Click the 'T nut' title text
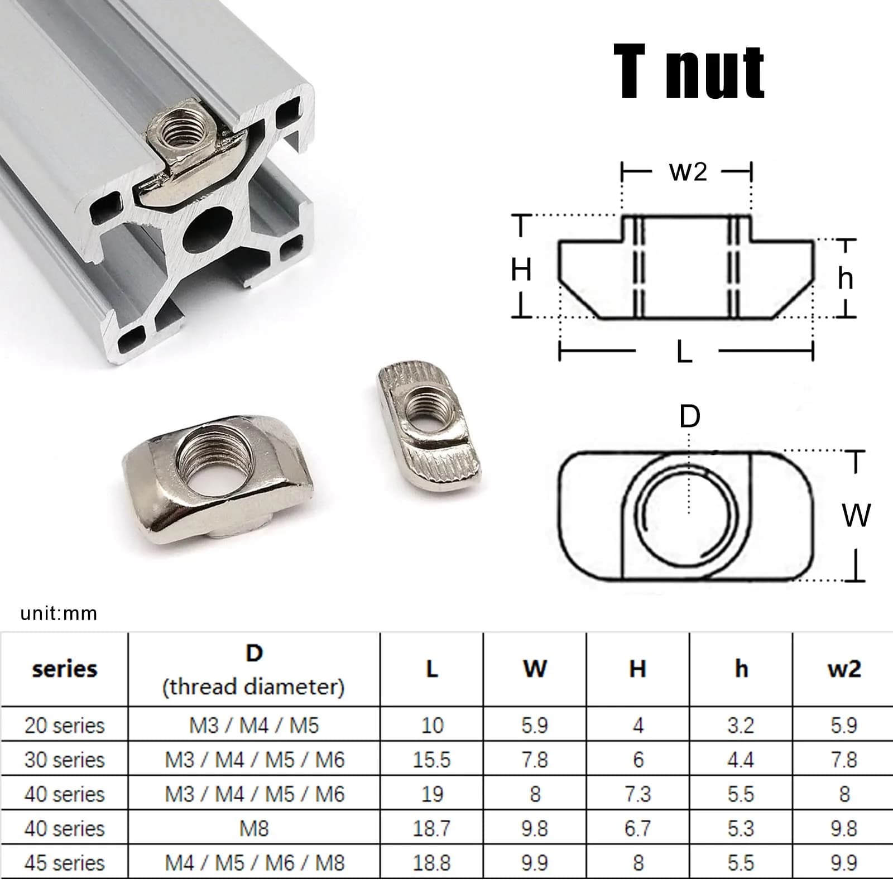[689, 73]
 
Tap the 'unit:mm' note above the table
[59, 614]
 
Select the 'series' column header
[64, 669]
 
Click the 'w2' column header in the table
[844, 669]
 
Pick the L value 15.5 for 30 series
[431, 760]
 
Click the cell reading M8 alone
[254, 828]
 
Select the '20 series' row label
[64, 725]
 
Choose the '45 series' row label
[64, 863]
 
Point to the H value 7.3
[637, 794]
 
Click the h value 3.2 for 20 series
[741, 725]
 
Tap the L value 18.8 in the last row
[431, 863]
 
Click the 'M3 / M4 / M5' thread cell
[254, 725]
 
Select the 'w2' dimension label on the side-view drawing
[688, 171]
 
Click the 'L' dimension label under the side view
[684, 352]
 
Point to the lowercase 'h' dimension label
[845, 277]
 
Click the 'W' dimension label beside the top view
[856, 515]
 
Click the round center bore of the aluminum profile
[208, 228]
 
